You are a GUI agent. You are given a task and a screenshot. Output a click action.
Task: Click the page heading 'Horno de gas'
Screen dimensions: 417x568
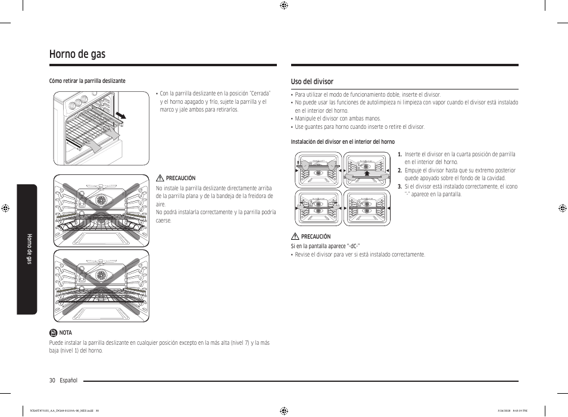click(x=77, y=54)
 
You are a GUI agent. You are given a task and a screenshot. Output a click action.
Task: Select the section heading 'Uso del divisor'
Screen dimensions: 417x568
click(x=312, y=82)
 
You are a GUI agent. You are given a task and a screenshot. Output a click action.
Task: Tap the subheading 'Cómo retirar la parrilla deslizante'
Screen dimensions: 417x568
click(x=87, y=81)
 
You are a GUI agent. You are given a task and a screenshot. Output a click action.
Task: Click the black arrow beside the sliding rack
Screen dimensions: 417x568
click(x=121, y=114)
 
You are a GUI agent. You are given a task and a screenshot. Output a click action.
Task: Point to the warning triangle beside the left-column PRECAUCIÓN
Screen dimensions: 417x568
click(x=160, y=178)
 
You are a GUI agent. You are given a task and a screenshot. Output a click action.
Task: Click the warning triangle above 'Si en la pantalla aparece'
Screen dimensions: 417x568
click(x=295, y=237)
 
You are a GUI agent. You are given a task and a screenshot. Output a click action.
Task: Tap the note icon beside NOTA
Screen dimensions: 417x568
click(x=53, y=333)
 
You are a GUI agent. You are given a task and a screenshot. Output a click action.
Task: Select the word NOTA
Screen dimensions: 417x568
click(x=65, y=333)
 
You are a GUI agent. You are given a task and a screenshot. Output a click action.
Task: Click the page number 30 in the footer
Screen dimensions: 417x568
click(x=52, y=381)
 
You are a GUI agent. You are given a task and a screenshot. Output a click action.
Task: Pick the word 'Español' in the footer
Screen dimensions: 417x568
click(x=68, y=381)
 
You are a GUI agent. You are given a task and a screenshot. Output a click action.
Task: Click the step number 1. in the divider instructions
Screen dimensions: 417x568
click(x=400, y=155)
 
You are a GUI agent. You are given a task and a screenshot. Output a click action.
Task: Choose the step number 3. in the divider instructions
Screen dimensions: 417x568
click(x=400, y=187)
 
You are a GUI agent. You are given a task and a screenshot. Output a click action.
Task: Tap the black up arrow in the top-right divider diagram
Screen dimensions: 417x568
click(x=367, y=172)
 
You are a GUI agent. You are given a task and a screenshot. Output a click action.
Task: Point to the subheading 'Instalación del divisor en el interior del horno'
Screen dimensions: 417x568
click(x=342, y=142)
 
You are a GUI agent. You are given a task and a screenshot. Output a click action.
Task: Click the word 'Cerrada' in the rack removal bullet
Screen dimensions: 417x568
click(x=260, y=94)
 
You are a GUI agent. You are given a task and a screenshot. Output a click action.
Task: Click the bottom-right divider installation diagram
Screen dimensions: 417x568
click(x=367, y=208)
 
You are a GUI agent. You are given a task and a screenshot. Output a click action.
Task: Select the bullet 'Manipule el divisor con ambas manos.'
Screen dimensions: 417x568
click(x=338, y=119)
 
